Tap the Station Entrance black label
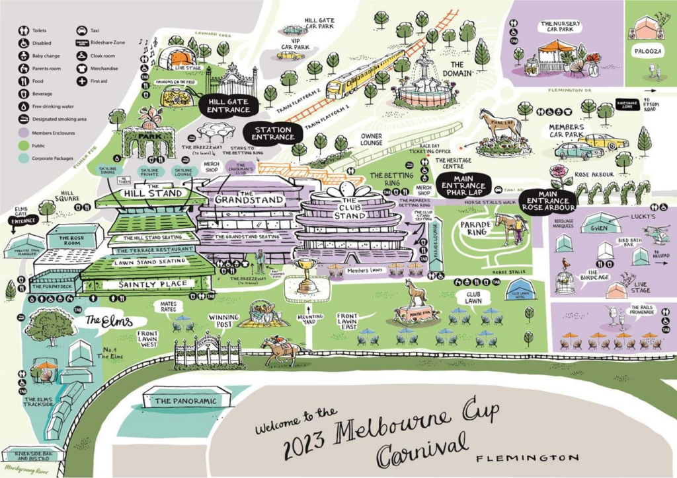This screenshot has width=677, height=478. [272, 133]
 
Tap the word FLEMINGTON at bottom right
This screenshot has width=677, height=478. [528, 458]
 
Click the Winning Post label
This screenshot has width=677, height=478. [223, 320]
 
